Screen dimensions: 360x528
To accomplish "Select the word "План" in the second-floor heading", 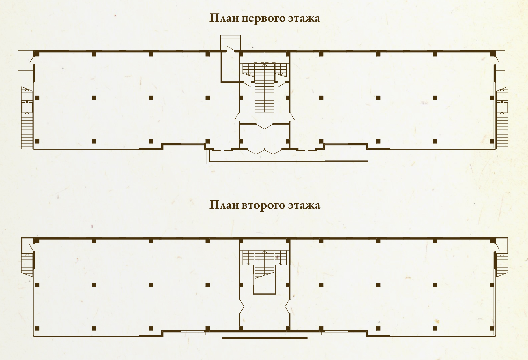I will coord(224,205).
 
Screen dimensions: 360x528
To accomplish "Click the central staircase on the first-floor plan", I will coord(264,88).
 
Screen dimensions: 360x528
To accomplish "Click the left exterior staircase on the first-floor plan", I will coord(27,118).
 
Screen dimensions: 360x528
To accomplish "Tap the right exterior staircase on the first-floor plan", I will coord(502,118).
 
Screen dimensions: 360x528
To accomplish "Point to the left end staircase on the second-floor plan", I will coord(27,264).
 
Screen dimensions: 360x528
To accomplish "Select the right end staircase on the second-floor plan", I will coord(502,264).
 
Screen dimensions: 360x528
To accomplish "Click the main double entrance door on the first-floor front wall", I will coord(265,151).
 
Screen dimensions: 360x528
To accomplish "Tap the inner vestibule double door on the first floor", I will coord(264,126).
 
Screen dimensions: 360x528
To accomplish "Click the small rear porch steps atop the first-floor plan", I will coord(230,39).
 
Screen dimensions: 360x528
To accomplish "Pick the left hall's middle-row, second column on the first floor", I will coord(94,98).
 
